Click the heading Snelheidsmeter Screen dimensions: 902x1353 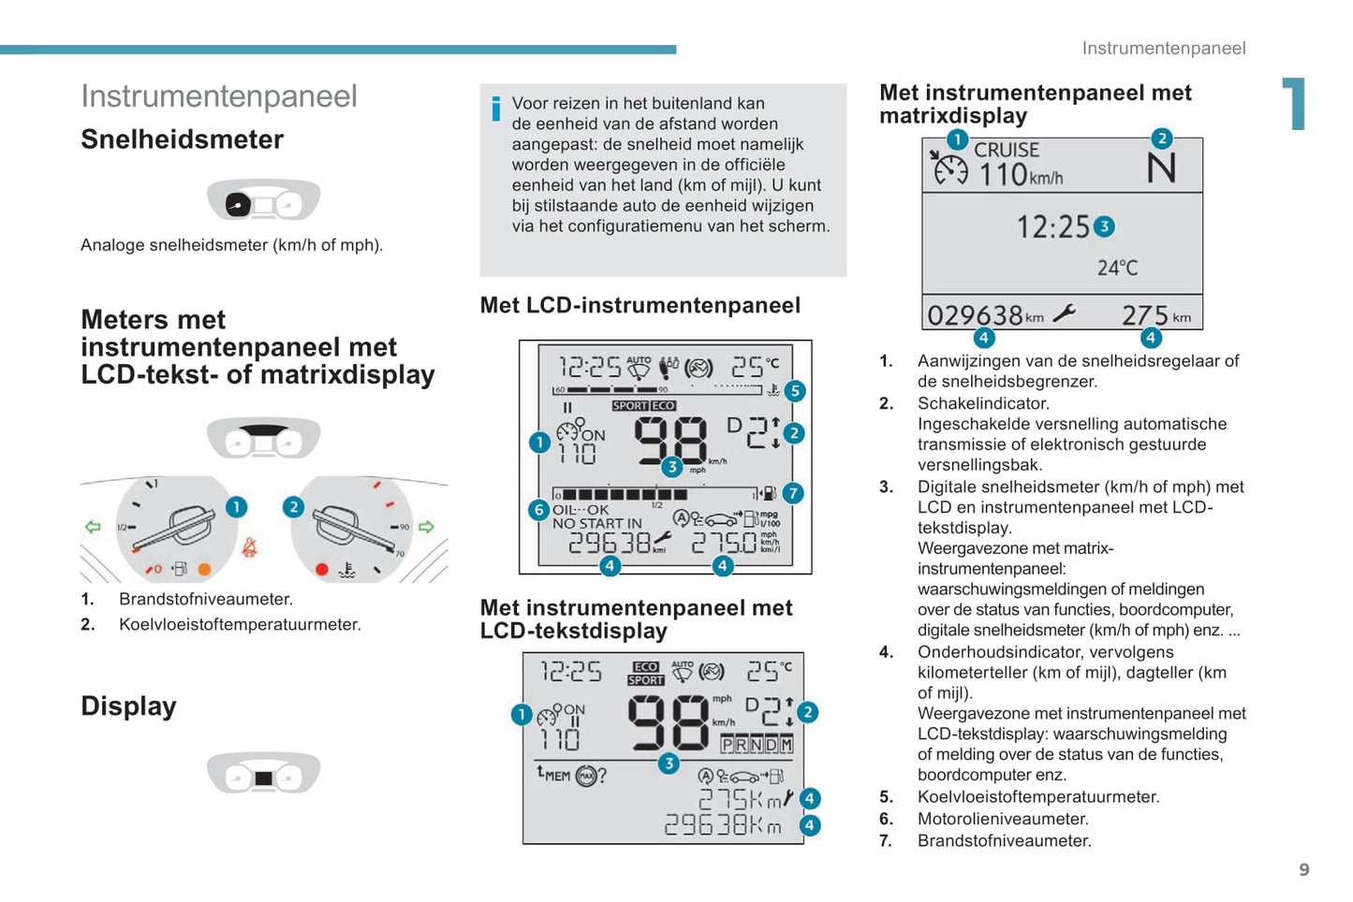pos(182,139)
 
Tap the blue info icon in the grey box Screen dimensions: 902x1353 pos(495,109)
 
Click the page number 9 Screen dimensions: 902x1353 pos(1304,870)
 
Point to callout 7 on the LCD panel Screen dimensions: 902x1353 pos(793,493)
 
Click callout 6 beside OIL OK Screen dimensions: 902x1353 pos(538,510)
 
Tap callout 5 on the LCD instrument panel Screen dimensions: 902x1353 pos(794,391)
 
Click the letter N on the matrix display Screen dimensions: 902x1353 pos(1161,169)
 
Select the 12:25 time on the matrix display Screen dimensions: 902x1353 pos(1053,227)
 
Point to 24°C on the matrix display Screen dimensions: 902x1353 pos(1117,269)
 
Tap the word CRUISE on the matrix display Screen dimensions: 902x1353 pos(1007,150)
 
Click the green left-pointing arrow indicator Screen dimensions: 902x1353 pos(93,527)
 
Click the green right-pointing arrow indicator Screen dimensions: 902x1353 pos(426,527)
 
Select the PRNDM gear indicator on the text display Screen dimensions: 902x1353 pos(757,745)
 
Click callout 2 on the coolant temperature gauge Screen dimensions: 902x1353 pos(293,507)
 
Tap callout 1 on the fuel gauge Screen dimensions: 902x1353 pos(236,507)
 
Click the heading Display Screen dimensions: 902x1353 pos(128,706)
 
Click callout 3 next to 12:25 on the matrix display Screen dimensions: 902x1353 pos(1105,226)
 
